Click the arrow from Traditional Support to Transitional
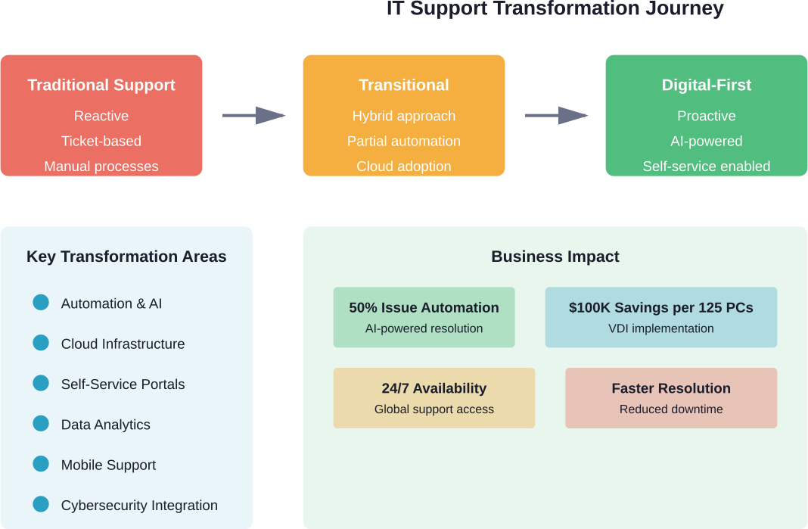point(253,116)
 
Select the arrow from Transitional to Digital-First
point(556,116)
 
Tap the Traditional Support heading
point(101,86)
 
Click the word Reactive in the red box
point(101,116)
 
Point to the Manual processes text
point(101,166)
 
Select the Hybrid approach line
point(404,116)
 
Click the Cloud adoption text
point(404,166)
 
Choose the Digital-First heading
point(707,86)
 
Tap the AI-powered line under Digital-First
point(707,142)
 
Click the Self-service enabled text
point(707,166)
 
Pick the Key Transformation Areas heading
point(126,257)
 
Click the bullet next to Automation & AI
point(41,303)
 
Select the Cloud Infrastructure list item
point(123,344)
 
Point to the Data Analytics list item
point(106,425)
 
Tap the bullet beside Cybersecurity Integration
point(41,506)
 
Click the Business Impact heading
point(555,257)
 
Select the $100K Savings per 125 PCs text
point(661,308)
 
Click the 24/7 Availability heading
point(434,388)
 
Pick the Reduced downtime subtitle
point(671,409)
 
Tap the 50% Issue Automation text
point(424,308)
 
